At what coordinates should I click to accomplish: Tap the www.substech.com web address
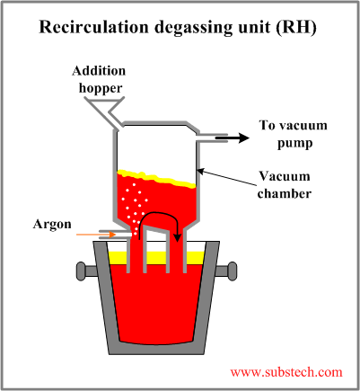(286, 371)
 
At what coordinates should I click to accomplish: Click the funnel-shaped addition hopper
(110, 109)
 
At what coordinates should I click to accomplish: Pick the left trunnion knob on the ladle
(82, 270)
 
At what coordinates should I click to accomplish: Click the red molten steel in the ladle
(156, 306)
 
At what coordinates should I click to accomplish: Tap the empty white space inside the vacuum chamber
(157, 148)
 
